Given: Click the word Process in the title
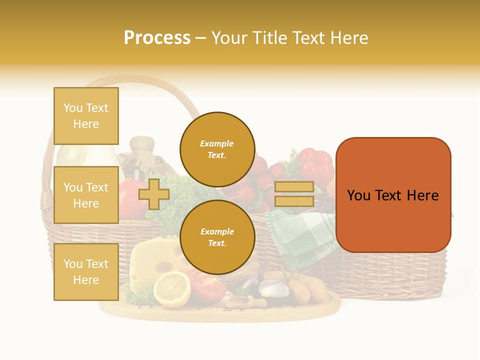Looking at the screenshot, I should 157,38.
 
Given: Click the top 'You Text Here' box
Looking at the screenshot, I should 86,116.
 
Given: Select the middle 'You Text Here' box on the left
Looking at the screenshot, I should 86,195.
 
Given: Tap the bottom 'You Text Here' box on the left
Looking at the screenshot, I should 86,272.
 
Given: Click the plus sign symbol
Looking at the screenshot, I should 154,194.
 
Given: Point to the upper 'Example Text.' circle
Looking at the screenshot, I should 217,149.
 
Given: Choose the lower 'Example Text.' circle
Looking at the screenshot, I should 217,237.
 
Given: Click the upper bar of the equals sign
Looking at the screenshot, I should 294,187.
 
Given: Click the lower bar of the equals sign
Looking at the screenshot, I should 294,201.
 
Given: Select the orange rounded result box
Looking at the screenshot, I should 393,195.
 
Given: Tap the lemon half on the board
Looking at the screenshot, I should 171,289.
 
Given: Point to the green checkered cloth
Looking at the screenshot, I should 300,235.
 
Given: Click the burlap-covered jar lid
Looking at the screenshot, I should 142,145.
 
